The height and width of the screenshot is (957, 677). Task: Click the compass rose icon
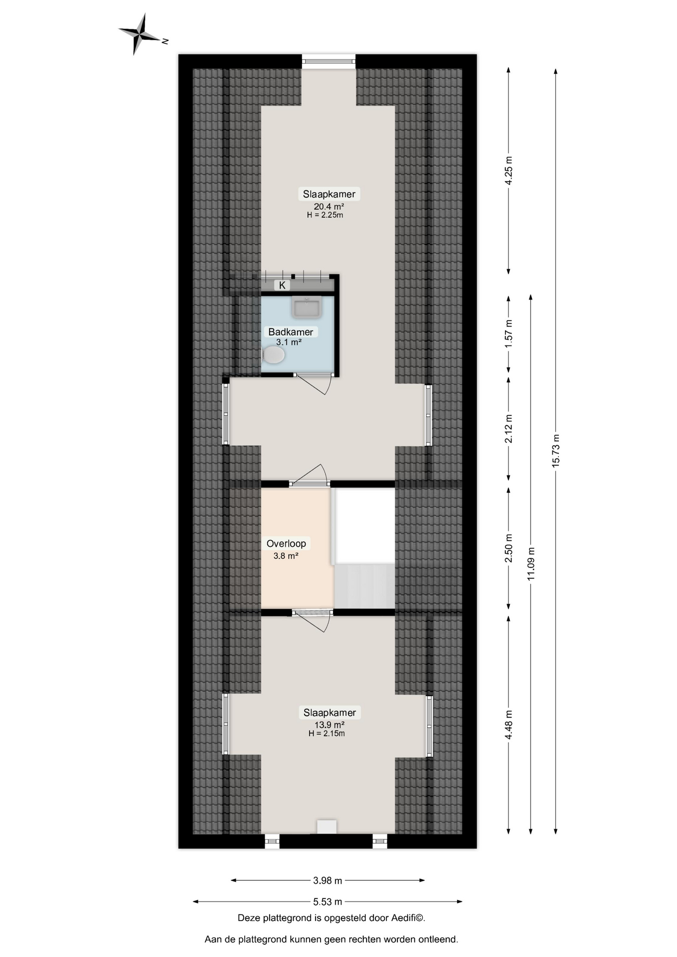point(141,34)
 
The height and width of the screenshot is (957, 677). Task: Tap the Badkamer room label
point(291,332)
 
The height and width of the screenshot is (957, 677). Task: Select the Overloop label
point(286,544)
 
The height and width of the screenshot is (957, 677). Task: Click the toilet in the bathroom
point(273,355)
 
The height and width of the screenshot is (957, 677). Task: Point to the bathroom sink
point(307,307)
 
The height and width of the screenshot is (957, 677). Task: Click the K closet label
point(282,286)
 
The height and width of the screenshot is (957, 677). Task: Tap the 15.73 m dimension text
point(556,451)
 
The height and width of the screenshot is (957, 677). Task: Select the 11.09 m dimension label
point(531,564)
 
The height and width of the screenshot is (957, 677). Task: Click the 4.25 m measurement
point(508,171)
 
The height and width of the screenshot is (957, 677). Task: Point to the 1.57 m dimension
point(508,334)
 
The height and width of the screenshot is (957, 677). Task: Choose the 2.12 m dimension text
point(508,429)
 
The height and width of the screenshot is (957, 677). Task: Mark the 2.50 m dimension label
point(508,548)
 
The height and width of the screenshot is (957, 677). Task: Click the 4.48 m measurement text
point(508,725)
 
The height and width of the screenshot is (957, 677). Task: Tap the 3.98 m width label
point(328,881)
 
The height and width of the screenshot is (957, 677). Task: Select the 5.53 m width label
point(328,902)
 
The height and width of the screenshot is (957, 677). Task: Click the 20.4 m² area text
point(329,206)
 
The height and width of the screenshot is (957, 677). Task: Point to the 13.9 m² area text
point(330,725)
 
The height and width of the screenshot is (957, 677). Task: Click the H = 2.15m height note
point(327,733)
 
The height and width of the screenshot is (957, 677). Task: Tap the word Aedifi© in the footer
point(408,918)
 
